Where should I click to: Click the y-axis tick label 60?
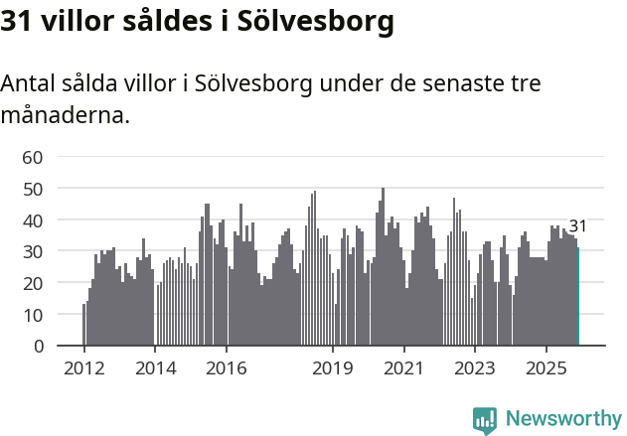pos(33,157)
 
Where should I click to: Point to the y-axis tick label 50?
pos(33,189)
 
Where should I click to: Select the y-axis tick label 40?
pos(33,220)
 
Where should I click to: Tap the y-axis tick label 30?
pos(33,252)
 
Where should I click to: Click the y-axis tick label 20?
pos(33,283)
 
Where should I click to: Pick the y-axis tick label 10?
pos(33,315)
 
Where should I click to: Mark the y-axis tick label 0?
pos(38,347)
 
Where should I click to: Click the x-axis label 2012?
pos(83,367)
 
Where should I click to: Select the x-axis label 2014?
pos(155,367)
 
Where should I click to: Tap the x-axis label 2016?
pos(226,367)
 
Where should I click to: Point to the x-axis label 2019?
pos(333,367)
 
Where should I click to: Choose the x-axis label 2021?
pos(403,367)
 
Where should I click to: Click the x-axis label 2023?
pos(475,367)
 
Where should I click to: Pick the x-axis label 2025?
pos(547,367)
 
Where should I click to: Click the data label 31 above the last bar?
pos(577,226)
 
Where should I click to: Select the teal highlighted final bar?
pos(578,298)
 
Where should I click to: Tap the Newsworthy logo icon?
pos(485,419)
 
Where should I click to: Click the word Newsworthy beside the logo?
pos(562,419)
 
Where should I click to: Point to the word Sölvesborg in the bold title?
pos(309,21)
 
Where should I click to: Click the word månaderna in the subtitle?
pos(65,115)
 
